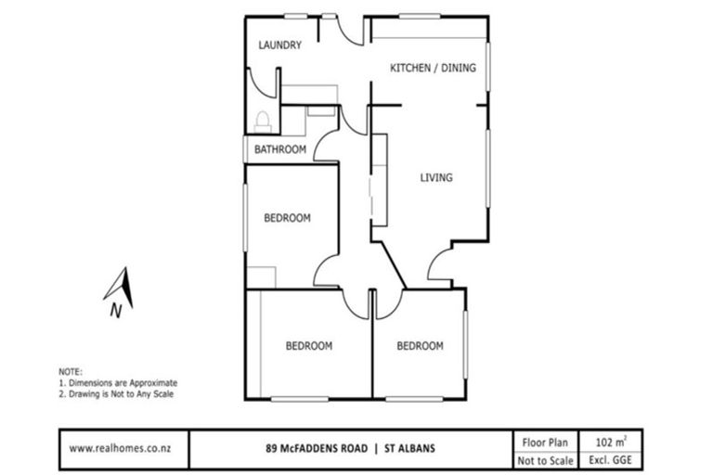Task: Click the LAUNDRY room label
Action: (279, 45)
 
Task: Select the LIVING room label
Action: (435, 177)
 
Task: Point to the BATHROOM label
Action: (280, 149)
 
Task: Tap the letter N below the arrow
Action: (114, 312)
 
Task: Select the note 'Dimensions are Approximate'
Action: (118, 382)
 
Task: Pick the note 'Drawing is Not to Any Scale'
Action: (115, 393)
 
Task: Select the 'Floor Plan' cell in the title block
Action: (545, 442)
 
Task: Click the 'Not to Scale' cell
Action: (545, 459)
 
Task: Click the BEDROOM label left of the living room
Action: (287, 219)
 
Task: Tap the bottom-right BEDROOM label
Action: (420, 346)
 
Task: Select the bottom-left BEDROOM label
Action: (308, 346)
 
